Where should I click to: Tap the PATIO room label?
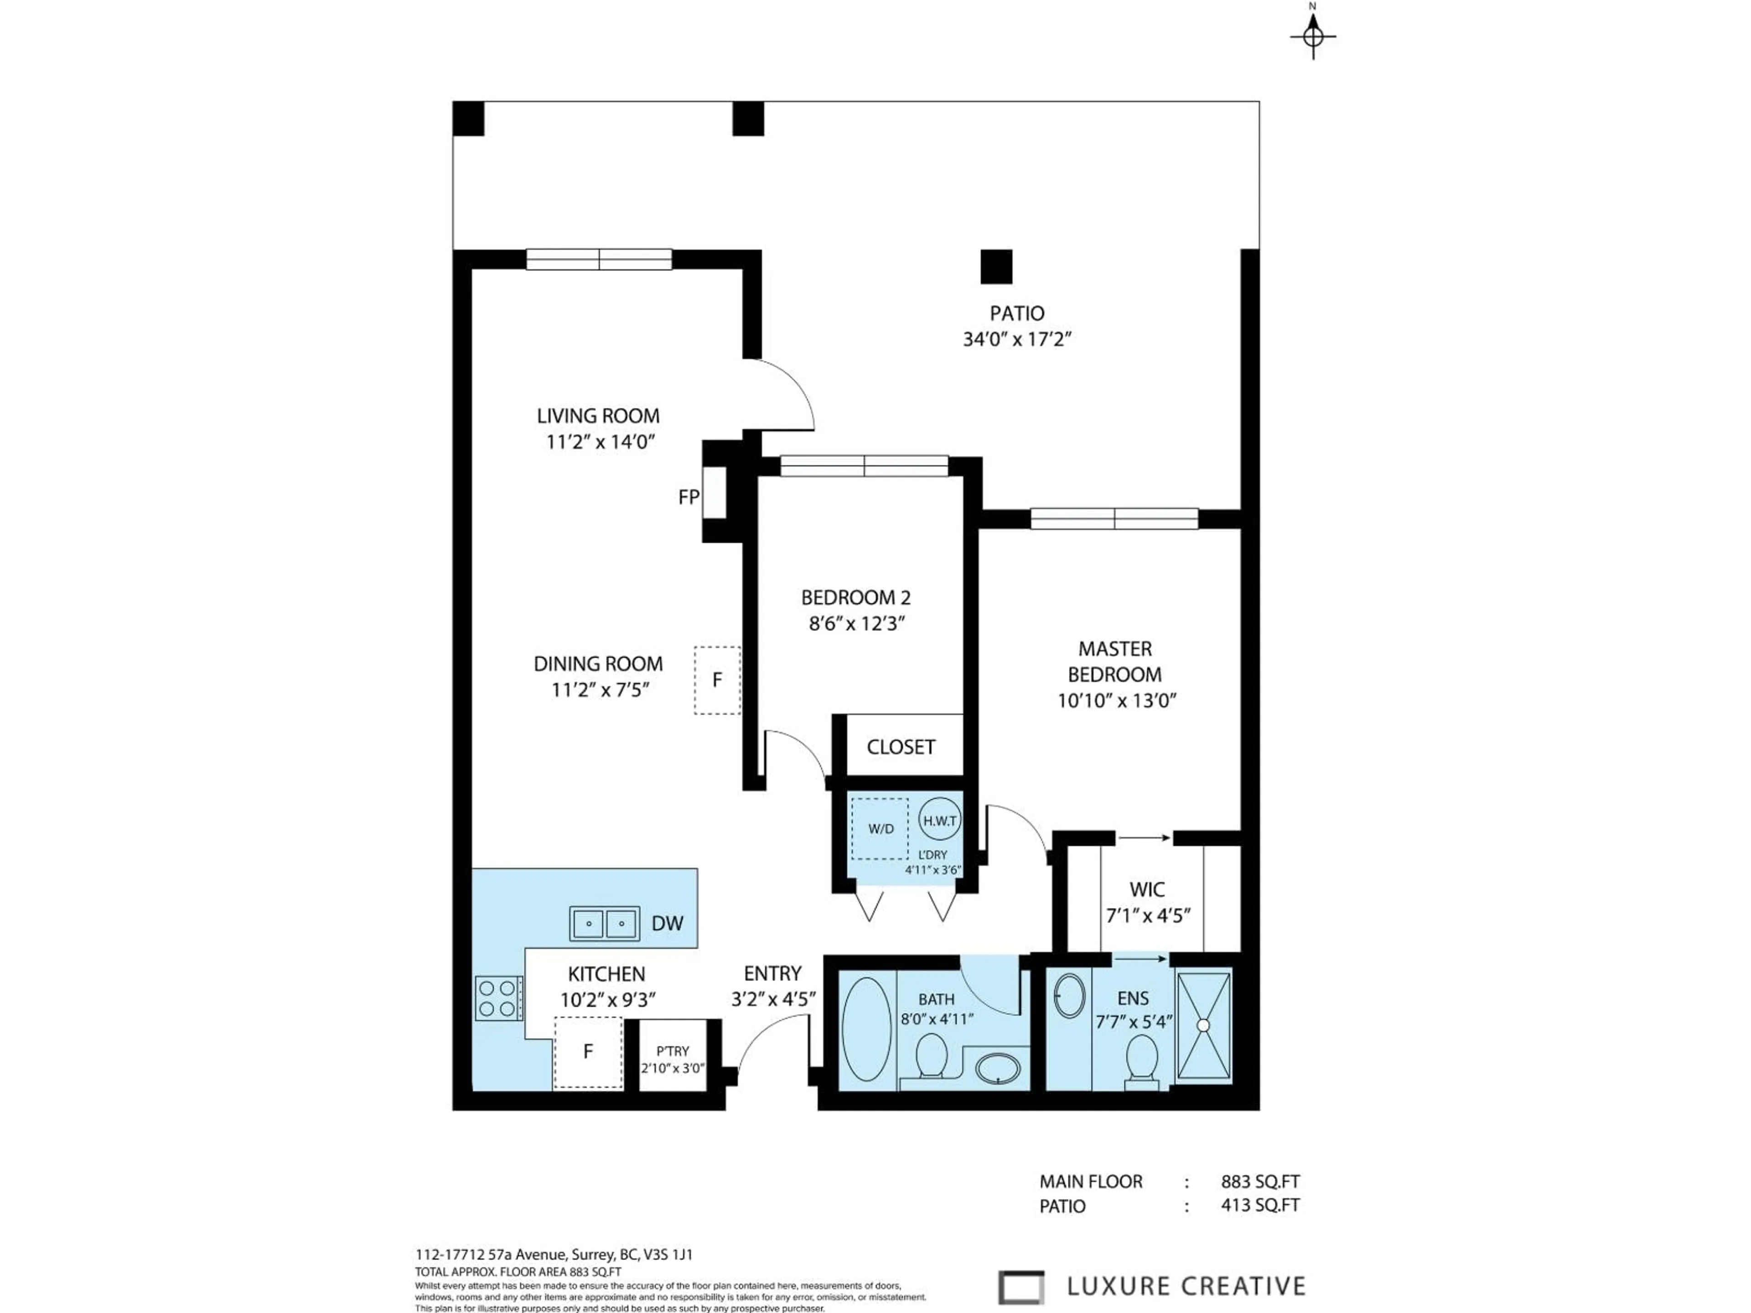tap(1016, 313)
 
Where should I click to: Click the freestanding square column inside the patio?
tap(996, 267)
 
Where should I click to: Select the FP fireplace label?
tap(689, 497)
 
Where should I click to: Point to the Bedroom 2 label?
tap(856, 598)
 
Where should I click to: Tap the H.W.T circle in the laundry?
tap(940, 821)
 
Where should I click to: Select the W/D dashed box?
tap(880, 829)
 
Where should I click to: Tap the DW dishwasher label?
tap(667, 923)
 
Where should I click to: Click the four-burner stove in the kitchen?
tap(497, 998)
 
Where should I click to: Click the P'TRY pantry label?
tap(672, 1051)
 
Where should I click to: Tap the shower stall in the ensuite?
tap(1203, 1026)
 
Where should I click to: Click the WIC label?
tap(1146, 889)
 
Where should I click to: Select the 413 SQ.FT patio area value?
tap(1259, 1205)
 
